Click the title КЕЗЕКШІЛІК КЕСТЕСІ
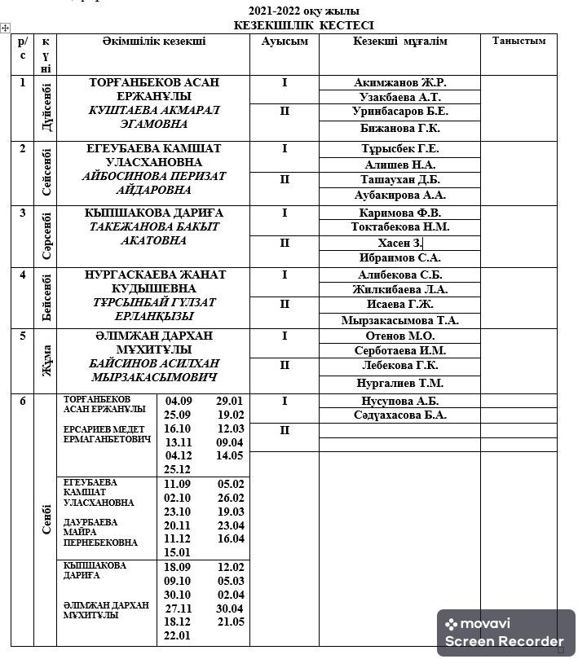303,26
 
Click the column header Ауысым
285,42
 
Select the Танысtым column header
518,41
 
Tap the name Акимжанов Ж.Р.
399,82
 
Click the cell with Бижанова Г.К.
399,128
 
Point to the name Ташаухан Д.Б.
399,179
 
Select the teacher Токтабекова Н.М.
399,227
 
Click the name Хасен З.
399,243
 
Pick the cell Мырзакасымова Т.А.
399,320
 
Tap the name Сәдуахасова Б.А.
399,415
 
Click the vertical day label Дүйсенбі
46,108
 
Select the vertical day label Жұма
46,360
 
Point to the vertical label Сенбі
46,520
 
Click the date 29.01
230,401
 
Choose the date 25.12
178,470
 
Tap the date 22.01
178,636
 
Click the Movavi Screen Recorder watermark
505,633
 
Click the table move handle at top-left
6,29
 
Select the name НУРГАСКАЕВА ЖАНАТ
155,275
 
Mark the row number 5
23,336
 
